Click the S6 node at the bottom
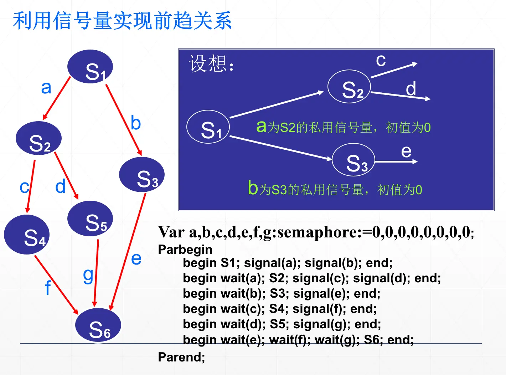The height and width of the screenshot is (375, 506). [x=98, y=325]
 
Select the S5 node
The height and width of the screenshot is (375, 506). [x=90, y=219]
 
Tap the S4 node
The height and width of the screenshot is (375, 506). [x=27, y=235]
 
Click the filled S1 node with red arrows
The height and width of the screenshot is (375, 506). [x=90, y=66]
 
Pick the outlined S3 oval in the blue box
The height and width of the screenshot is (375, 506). [x=353, y=160]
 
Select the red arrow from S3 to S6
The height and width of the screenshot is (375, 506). [x=128, y=252]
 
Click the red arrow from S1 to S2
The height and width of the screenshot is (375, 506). [x=57, y=98]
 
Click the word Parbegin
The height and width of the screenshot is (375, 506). [x=185, y=250]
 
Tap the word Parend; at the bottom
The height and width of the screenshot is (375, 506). [x=182, y=357]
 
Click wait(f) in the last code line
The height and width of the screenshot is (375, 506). [x=290, y=340]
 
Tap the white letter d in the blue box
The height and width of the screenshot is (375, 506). [x=411, y=88]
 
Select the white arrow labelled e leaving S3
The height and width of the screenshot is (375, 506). [x=396, y=161]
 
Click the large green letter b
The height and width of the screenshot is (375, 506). [x=253, y=187]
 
